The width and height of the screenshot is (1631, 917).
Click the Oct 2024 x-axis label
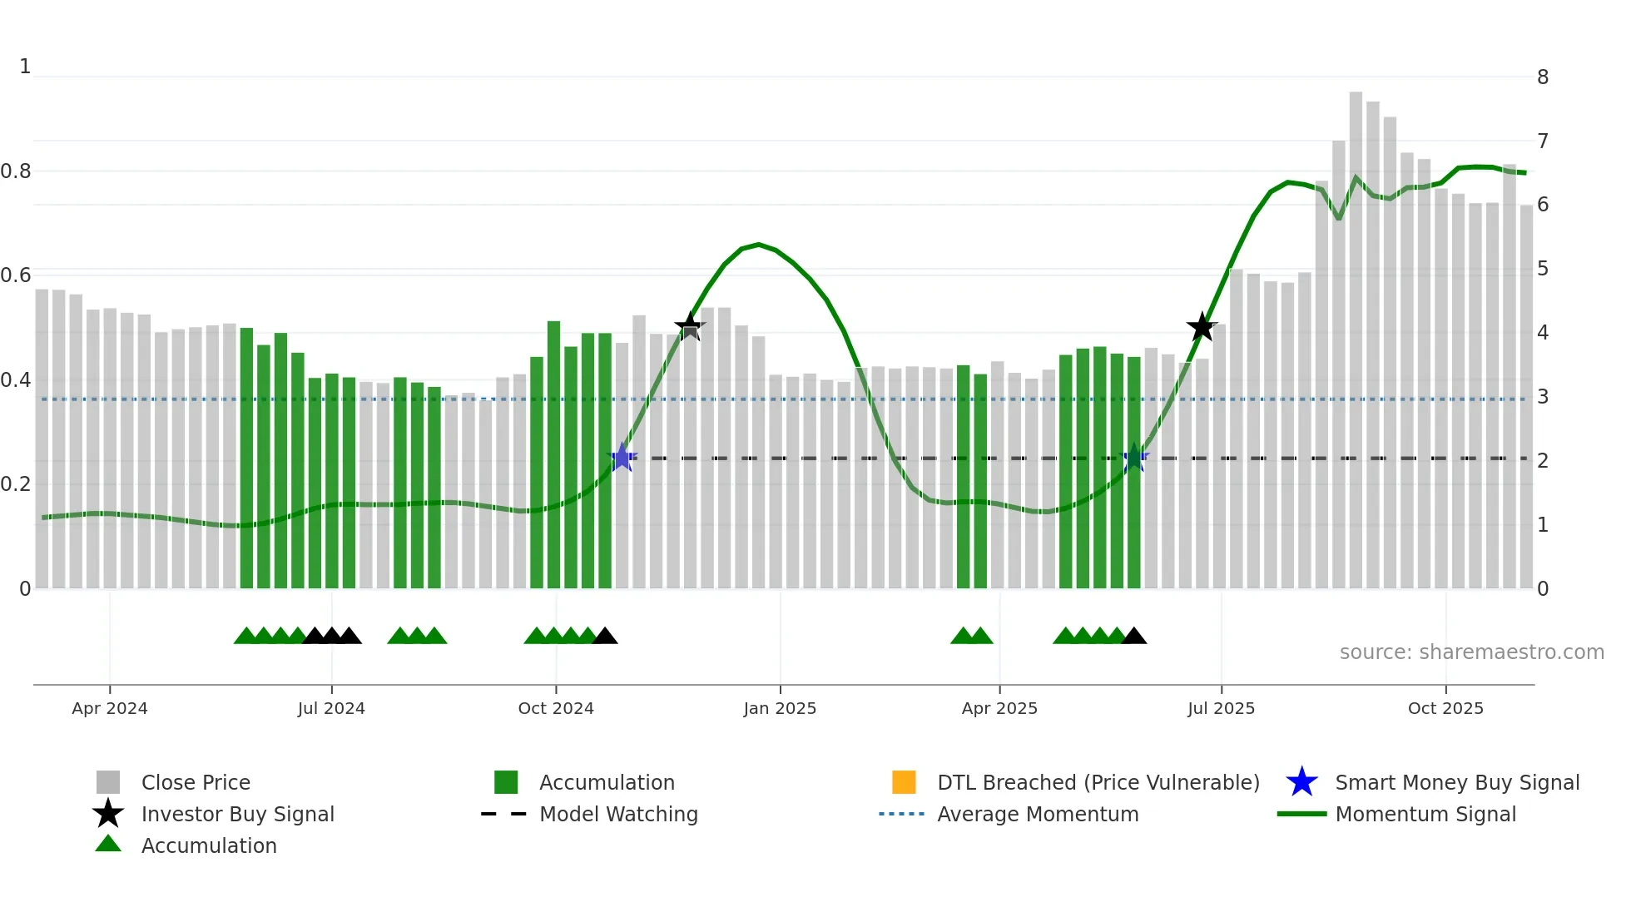tap(555, 708)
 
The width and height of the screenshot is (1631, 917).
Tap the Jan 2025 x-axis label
tap(780, 708)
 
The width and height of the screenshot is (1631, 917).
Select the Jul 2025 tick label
tap(1221, 708)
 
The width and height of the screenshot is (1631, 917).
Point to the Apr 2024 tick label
tap(109, 708)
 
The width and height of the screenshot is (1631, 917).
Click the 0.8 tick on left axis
tap(16, 171)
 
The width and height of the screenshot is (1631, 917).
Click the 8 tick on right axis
tap(1543, 77)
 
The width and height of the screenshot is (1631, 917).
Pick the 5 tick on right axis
tap(1543, 269)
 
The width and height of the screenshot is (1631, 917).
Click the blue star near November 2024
tap(622, 458)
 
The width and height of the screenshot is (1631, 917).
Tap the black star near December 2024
tap(689, 326)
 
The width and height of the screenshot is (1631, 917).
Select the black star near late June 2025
tap(1202, 327)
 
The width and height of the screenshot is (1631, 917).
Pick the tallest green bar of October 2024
tap(553, 449)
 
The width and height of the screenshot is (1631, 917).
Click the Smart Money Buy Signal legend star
tap(1301, 782)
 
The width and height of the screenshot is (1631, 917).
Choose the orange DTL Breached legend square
tap(904, 782)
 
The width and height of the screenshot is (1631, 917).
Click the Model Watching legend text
tap(618, 814)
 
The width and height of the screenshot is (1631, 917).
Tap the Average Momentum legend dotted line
tap(901, 814)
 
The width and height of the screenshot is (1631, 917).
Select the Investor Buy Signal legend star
tap(108, 814)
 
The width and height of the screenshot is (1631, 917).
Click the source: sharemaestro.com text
tap(1471, 652)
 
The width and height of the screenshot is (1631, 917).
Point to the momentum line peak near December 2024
tap(758, 245)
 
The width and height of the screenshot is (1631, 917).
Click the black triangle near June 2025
tap(1133, 637)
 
